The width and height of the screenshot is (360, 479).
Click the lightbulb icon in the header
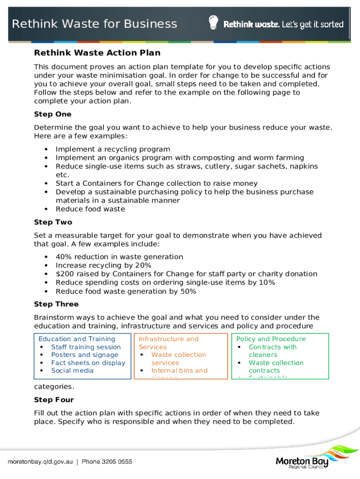213,22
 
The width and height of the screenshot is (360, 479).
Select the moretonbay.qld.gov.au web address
40,462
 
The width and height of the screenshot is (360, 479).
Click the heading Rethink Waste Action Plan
97,53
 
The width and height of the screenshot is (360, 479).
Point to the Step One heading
53,114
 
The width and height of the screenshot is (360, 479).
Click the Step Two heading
53,222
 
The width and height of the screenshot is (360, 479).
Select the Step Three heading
56,305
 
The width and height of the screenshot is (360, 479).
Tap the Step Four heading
54,400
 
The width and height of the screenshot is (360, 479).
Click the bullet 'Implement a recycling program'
113,149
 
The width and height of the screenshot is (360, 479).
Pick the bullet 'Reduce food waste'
90,209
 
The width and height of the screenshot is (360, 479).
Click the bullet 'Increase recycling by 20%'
103,265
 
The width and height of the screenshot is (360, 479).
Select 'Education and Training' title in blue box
77,339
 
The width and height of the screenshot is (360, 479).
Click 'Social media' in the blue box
72,370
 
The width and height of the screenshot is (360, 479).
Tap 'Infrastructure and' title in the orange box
168,339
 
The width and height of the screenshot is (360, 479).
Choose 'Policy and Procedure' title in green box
271,339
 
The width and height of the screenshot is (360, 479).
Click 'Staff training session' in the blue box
86,347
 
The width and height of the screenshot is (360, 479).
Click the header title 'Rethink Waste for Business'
94,24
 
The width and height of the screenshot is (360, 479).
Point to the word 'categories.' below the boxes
54,387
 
